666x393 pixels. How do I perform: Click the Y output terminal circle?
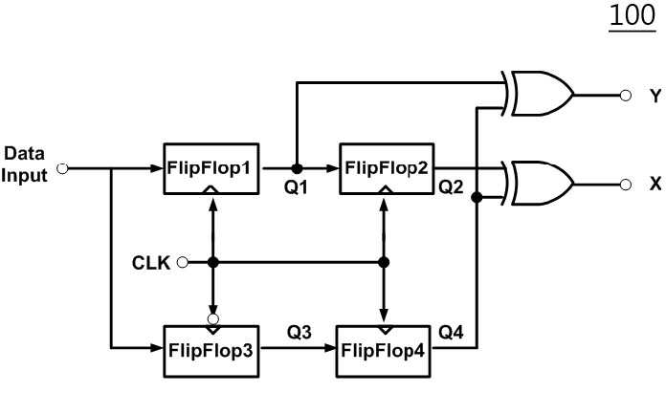pyautogui.click(x=625, y=96)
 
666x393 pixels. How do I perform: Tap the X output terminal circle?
pyautogui.click(x=625, y=185)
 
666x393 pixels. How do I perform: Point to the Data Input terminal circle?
pyautogui.click(x=62, y=169)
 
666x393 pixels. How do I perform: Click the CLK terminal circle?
pyautogui.click(x=182, y=262)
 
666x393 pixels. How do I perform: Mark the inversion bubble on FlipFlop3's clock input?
pyautogui.click(x=213, y=319)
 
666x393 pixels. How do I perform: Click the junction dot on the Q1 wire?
pyautogui.click(x=297, y=169)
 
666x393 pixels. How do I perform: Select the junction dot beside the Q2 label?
pyautogui.click(x=477, y=197)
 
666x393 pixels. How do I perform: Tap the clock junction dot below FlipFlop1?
pyautogui.click(x=213, y=262)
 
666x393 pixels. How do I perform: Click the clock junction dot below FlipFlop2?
pyautogui.click(x=384, y=262)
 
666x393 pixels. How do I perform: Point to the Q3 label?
pyautogui.click(x=299, y=333)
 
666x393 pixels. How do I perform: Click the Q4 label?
pyautogui.click(x=451, y=333)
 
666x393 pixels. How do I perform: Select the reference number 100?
pyautogui.click(x=633, y=16)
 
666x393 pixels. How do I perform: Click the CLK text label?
pyautogui.click(x=151, y=263)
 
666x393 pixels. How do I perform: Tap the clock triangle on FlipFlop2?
pyautogui.click(x=386, y=190)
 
